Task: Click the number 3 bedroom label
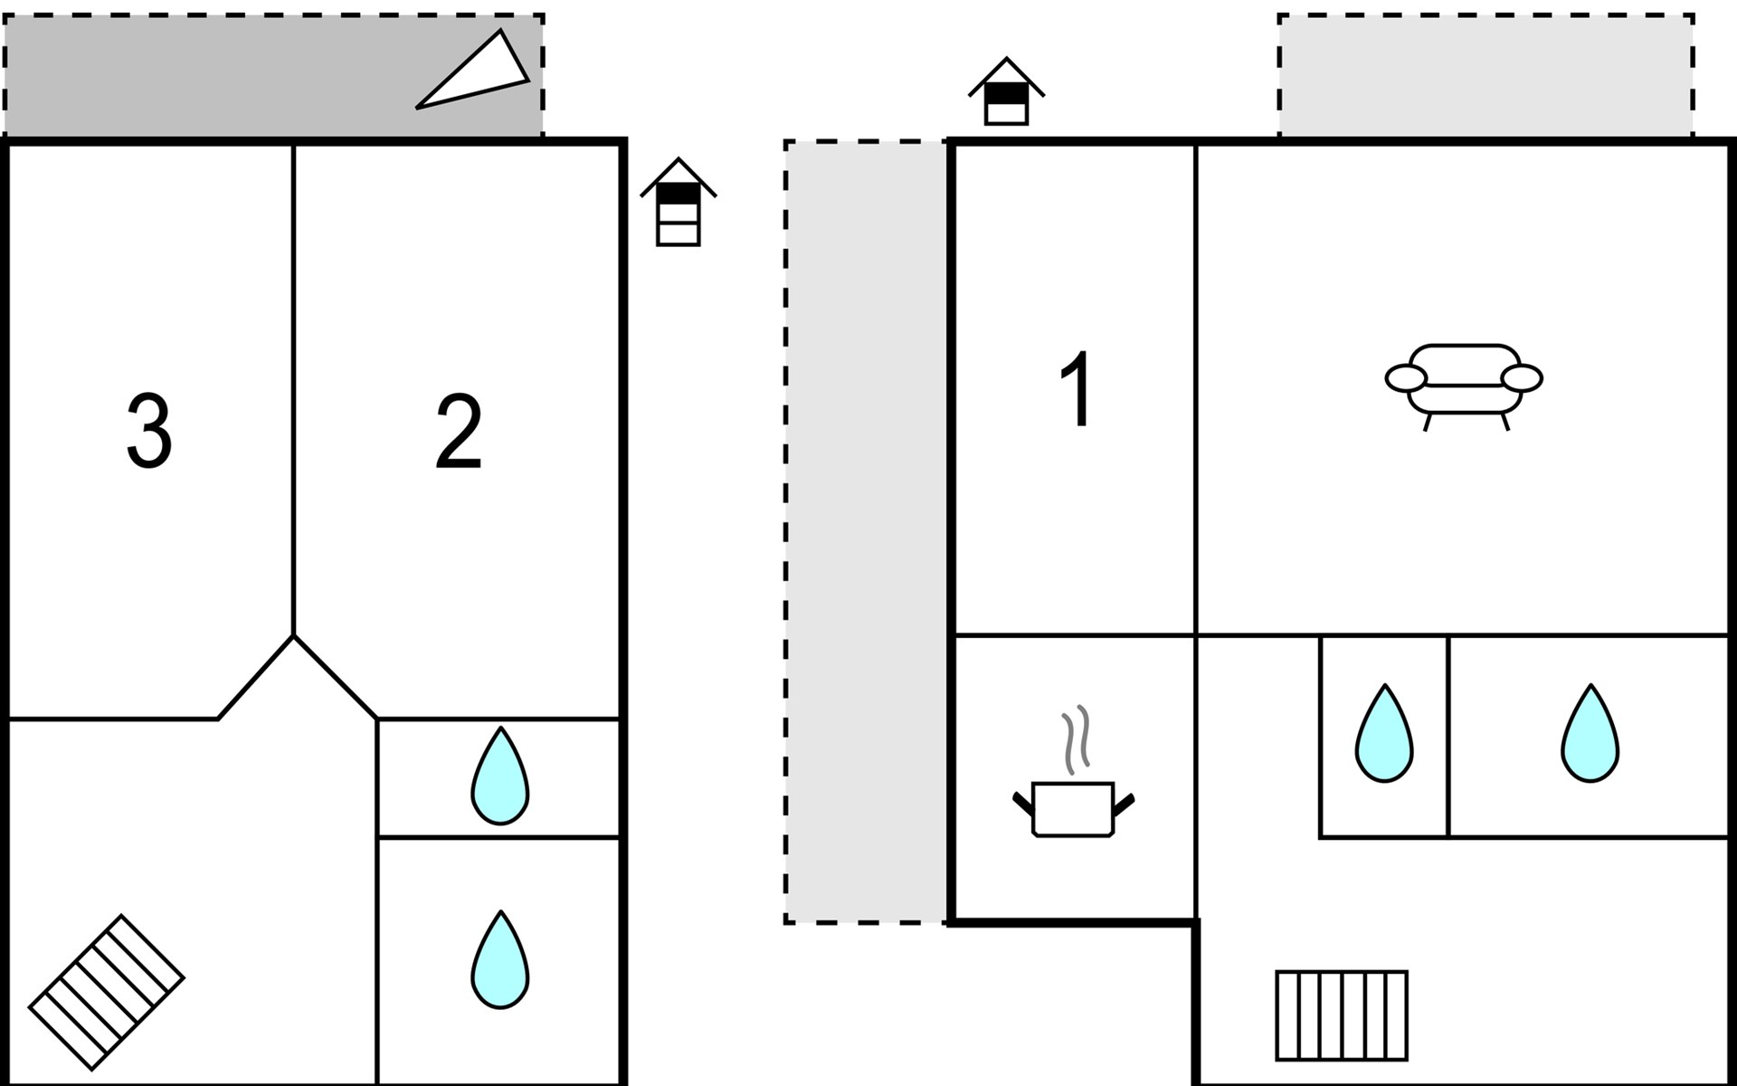(149, 431)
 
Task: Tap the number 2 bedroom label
(459, 433)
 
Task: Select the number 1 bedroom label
(1077, 389)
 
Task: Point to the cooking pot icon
(1073, 808)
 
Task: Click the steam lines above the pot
(1076, 738)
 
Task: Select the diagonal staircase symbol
(107, 991)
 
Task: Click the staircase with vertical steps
(1342, 1015)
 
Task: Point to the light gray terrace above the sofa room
(1485, 75)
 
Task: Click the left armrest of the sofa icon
(1405, 378)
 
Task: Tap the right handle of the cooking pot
(1124, 804)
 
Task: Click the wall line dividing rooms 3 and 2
(294, 389)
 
